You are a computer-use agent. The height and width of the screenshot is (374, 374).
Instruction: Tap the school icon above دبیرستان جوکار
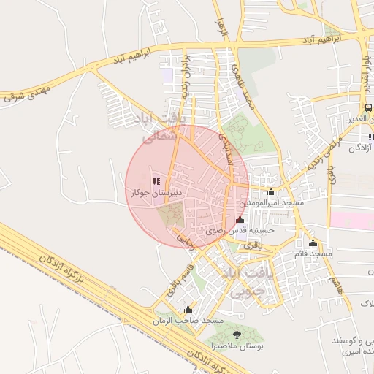[156, 181]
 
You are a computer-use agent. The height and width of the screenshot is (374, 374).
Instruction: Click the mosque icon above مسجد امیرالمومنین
[272, 191]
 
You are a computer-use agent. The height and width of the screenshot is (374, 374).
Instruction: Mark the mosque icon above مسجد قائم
[313, 243]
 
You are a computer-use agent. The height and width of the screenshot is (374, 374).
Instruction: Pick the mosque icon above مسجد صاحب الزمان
[189, 310]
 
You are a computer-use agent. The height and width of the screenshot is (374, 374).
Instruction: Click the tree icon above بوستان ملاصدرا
[235, 335]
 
